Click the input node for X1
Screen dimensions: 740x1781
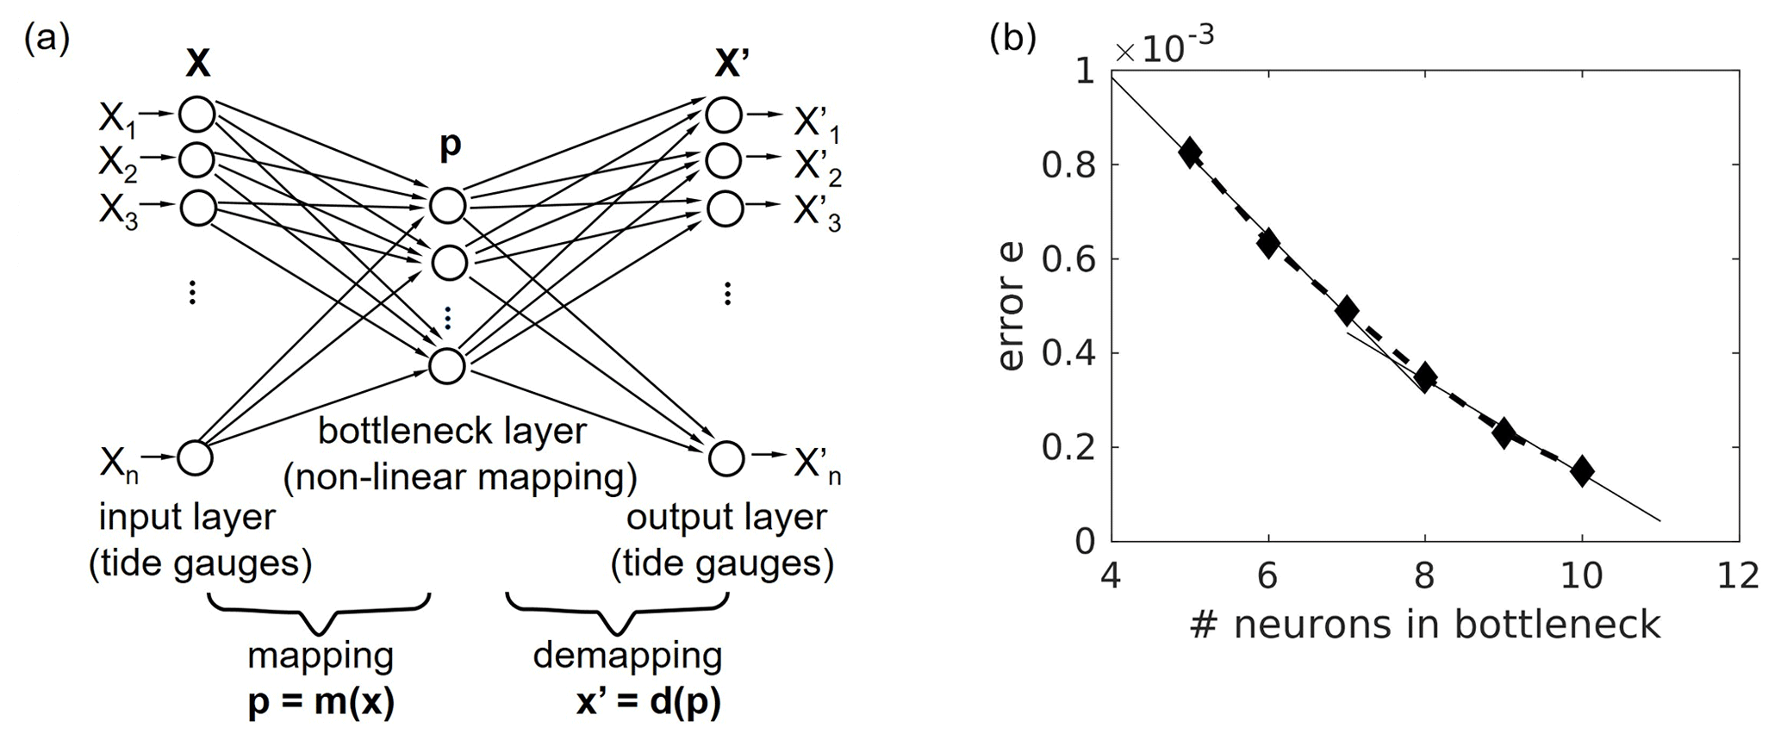coord(197,114)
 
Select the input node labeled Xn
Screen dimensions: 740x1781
coord(195,457)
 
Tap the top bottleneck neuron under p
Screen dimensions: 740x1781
coord(448,206)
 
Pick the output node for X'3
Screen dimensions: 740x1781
coord(725,208)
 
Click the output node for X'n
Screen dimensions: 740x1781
coord(725,458)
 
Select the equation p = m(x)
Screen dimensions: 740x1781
coord(321,704)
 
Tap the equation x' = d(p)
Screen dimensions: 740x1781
coord(648,704)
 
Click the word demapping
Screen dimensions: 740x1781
coord(627,656)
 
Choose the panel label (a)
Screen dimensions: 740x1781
coord(47,40)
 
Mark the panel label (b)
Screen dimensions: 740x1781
coord(1013,40)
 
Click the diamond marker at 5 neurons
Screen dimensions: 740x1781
coord(1190,152)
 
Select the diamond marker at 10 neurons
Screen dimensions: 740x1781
coord(1581,470)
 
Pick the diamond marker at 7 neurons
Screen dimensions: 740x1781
coord(1347,310)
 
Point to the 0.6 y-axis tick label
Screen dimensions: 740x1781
coord(1068,258)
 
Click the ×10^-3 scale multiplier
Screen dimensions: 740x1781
coord(1164,48)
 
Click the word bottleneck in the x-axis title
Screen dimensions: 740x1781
coord(1558,624)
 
